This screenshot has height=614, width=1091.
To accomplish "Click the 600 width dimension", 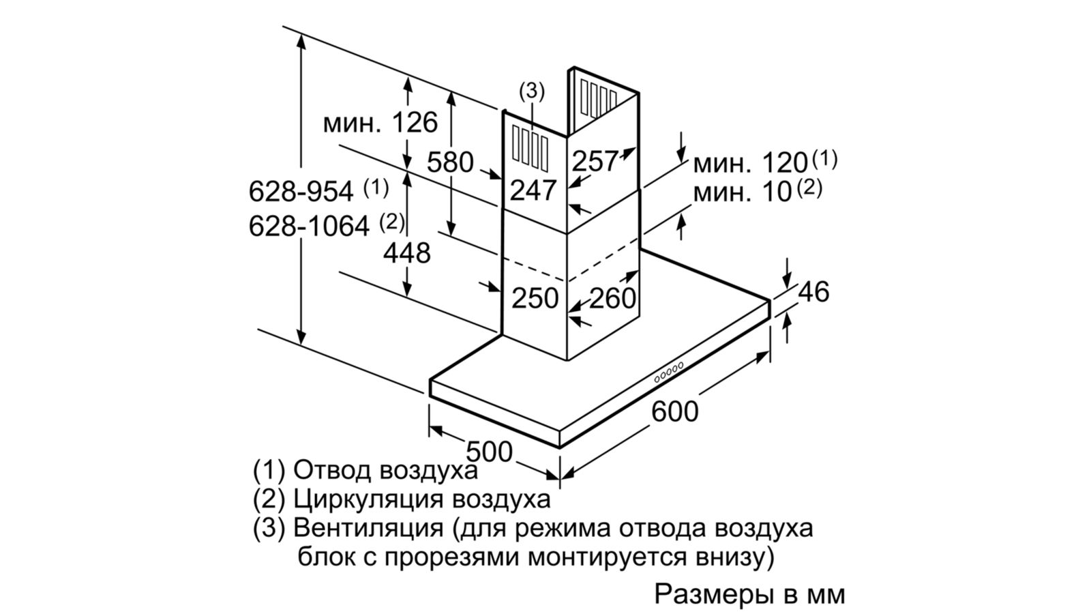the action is point(675,412).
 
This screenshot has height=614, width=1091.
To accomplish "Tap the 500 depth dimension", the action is point(490,452).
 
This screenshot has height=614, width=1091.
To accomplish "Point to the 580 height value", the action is point(450,162).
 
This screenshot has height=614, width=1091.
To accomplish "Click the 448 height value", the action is point(406,253).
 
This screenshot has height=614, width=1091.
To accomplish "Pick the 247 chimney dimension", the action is point(534,190).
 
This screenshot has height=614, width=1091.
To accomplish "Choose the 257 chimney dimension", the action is point(594,161).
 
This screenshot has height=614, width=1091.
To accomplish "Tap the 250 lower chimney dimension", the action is point(535,298).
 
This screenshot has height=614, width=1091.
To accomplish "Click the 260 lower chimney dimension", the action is point(612,298).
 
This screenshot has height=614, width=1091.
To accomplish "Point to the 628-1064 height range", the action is point(309,226).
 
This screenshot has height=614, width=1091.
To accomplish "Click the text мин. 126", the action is point(380,123).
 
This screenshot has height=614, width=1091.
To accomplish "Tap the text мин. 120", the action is point(750,164).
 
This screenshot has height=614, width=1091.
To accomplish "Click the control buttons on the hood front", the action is point(669,371).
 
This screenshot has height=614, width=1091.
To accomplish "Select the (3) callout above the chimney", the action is point(532,90).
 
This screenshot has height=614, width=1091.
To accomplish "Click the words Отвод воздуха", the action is point(385,470).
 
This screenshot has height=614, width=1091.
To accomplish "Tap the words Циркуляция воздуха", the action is point(421,499).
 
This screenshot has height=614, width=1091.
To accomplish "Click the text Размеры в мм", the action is point(749,594).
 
